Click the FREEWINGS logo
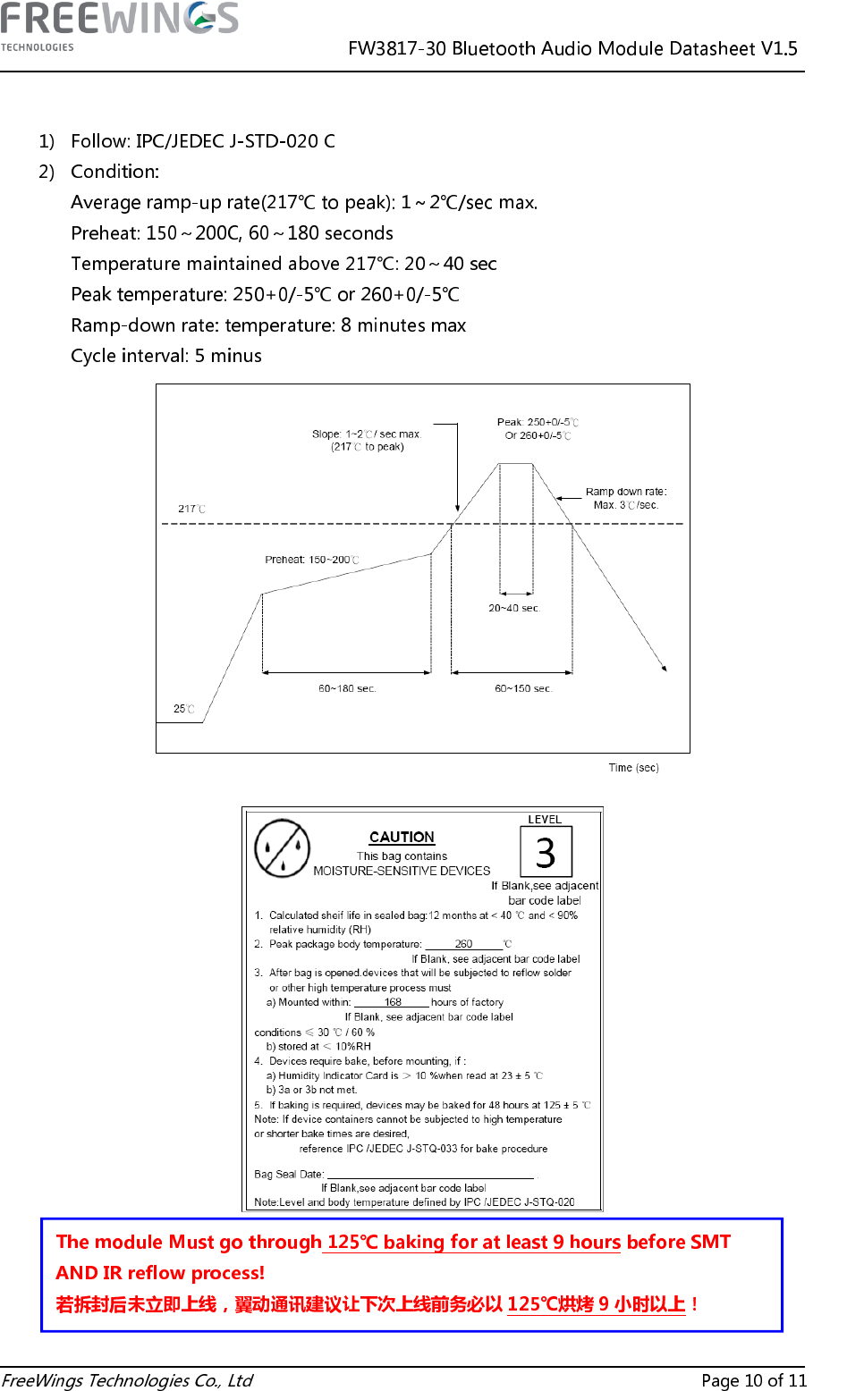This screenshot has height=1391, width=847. coord(119,26)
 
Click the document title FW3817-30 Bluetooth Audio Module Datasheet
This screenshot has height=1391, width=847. coord(572,48)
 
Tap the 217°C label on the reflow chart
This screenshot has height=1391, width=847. coord(191,509)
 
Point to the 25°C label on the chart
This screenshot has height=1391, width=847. coord(184,709)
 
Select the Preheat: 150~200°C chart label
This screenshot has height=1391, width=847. coord(311,560)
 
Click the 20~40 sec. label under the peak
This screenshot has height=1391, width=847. coord(514,608)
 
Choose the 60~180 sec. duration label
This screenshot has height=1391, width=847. coord(347,688)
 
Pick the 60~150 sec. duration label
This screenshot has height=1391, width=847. coord(523,688)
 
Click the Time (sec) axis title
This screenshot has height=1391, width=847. coord(633,768)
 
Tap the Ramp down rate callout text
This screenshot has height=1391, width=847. coord(626,498)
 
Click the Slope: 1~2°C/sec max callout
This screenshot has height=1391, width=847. coord(366,440)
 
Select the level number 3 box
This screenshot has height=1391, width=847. coord(546,852)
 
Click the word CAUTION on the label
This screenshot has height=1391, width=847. coord(402,837)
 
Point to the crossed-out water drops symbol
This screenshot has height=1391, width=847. coord(283,848)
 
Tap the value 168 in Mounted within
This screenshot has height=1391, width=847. coord(393,1002)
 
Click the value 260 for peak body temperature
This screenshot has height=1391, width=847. coord(463,944)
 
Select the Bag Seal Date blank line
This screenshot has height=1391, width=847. coord(430,1174)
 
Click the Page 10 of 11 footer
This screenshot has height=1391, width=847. coord(753,1380)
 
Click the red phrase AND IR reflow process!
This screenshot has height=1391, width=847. coord(160,1272)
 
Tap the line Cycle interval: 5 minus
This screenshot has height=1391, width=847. coord(166,356)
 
